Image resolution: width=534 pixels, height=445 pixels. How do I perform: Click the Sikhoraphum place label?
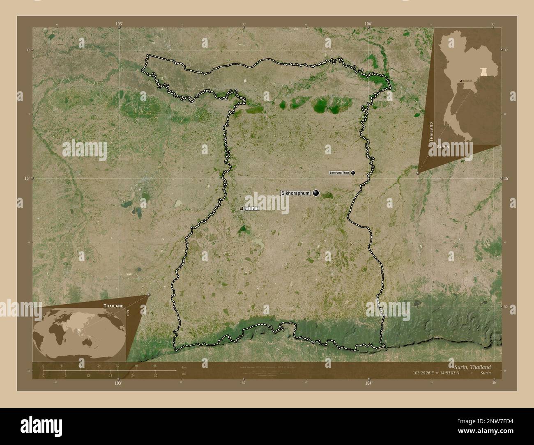(x=295, y=193)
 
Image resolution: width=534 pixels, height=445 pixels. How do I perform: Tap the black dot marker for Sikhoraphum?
(x=316, y=193)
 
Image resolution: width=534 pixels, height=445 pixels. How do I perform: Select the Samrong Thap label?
(x=339, y=173)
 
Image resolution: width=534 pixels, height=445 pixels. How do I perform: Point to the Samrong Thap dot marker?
(x=353, y=173)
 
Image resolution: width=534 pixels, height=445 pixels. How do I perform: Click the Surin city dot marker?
(x=242, y=209)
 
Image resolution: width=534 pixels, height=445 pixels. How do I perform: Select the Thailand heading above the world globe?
(x=113, y=306)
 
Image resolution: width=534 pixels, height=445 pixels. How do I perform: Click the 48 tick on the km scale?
(x=155, y=365)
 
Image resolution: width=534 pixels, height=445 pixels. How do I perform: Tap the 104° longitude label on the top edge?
(x=368, y=24)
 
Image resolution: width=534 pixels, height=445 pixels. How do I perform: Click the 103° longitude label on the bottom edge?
(x=118, y=383)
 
